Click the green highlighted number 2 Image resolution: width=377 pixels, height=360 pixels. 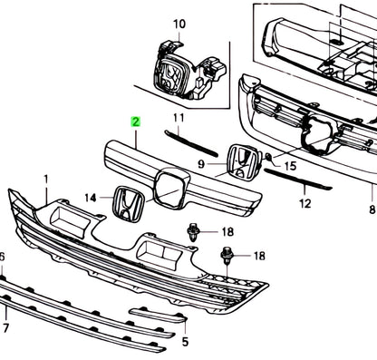coord(136,122)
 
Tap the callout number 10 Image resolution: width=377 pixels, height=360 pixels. coord(179,24)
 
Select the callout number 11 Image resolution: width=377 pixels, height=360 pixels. coord(179,118)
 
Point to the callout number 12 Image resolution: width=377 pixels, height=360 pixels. coord(305,203)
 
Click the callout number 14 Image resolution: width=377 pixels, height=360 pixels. coord(91,198)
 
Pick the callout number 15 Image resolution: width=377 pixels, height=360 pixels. coord(291,166)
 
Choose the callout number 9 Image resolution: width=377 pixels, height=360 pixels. coord(201,164)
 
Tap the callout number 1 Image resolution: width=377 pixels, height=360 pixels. coord(46,180)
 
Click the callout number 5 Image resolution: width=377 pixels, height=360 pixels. coord(185,342)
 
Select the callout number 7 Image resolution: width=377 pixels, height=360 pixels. coord(6,327)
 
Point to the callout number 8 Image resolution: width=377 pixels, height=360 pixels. coord(372,209)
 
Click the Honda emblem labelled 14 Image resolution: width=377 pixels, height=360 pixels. coord(128,204)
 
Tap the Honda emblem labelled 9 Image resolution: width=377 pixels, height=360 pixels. coord(243,161)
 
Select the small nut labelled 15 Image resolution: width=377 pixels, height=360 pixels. coord(268,157)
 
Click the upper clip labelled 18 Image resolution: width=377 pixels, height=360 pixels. coord(192,232)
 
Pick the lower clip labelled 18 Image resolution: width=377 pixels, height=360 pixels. coord(227,256)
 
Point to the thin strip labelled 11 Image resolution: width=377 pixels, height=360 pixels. coord(191,143)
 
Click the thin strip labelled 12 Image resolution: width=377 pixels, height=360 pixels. coord(298,180)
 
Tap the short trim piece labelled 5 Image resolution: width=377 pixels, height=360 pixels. coord(159,315)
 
